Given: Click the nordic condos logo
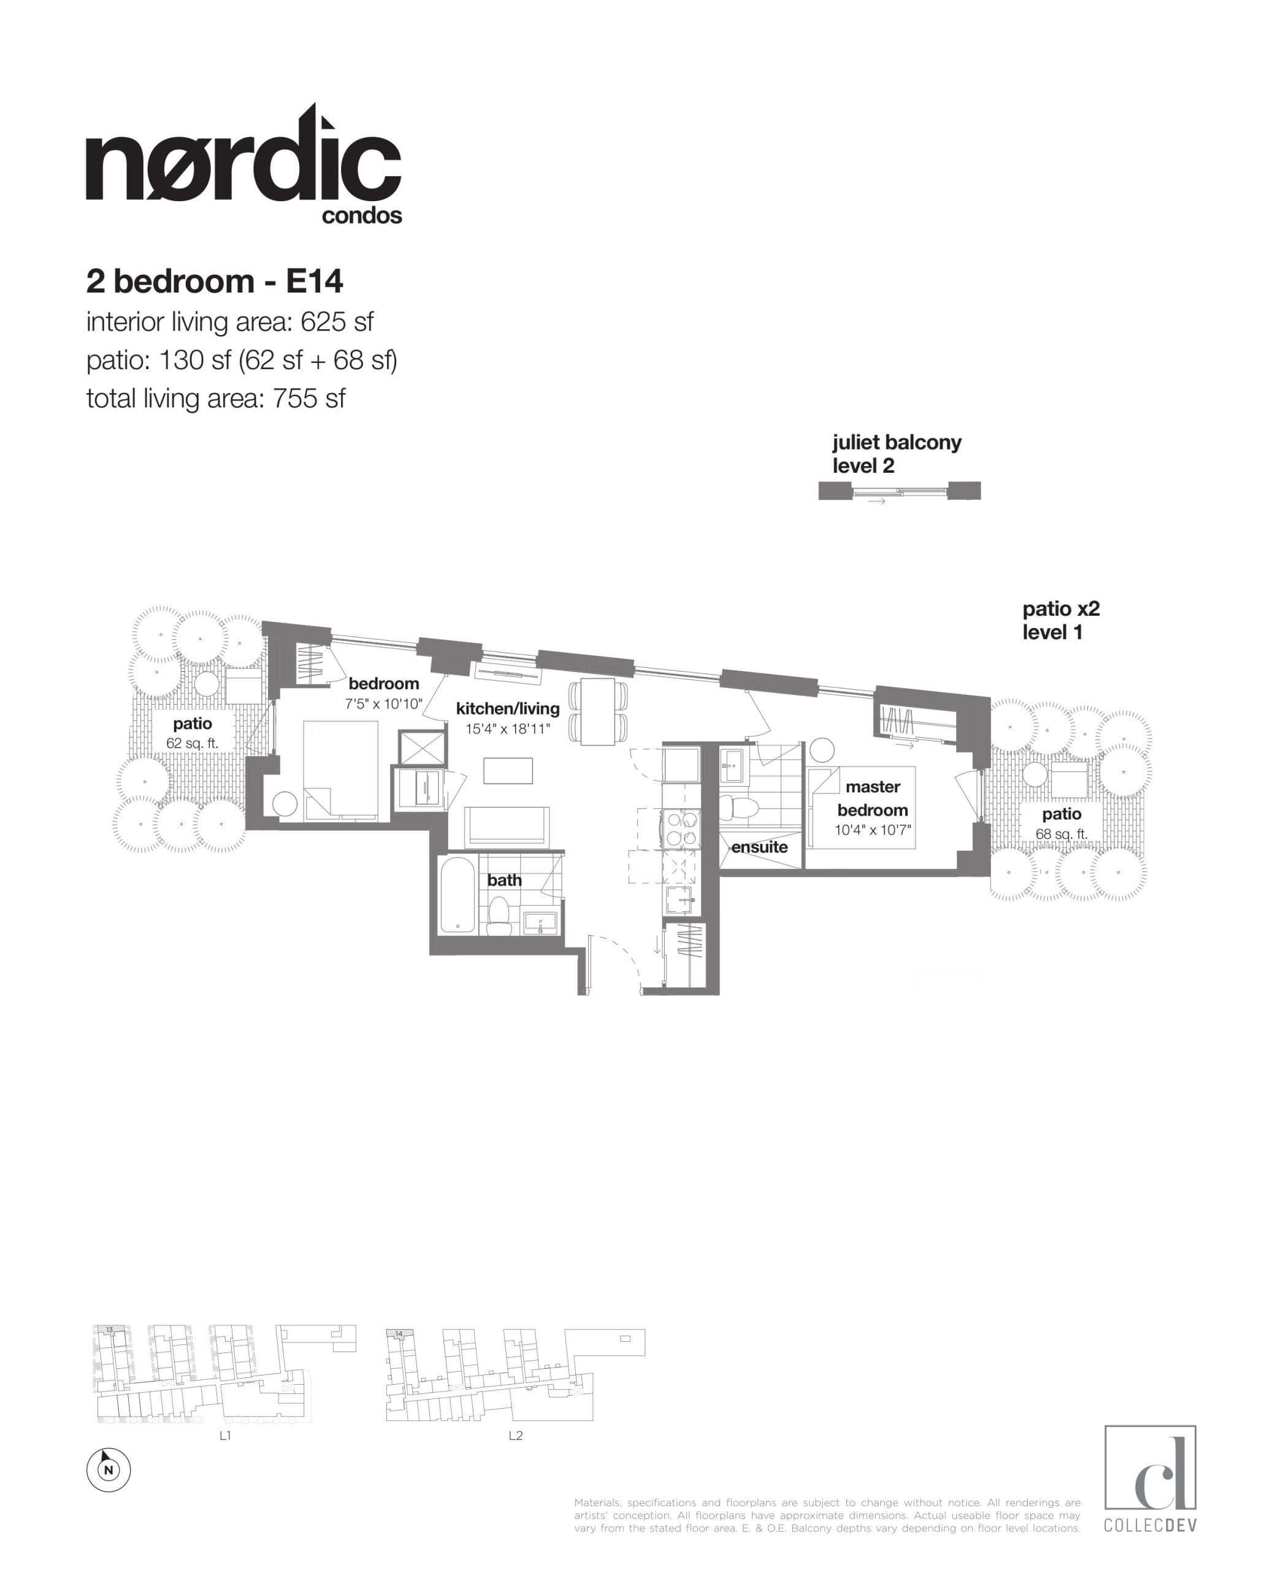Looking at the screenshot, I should (x=244, y=166).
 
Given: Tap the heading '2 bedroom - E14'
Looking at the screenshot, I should (x=214, y=281).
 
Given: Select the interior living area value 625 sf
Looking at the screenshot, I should (x=336, y=322).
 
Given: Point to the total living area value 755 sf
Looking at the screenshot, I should (x=309, y=399).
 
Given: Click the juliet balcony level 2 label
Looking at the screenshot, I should (x=896, y=454).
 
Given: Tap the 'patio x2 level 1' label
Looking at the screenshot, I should (x=1060, y=620).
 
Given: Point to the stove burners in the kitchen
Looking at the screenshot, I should (x=681, y=829).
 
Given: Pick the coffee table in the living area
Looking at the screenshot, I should (x=508, y=770).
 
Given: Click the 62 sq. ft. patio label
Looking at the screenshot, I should (x=192, y=743).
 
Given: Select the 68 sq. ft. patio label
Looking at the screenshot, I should (x=1061, y=834).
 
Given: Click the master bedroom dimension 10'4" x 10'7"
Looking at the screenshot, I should (x=872, y=830).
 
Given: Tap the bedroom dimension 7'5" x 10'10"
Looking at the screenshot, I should (x=383, y=703).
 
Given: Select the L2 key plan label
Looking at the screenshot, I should (x=515, y=1436).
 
